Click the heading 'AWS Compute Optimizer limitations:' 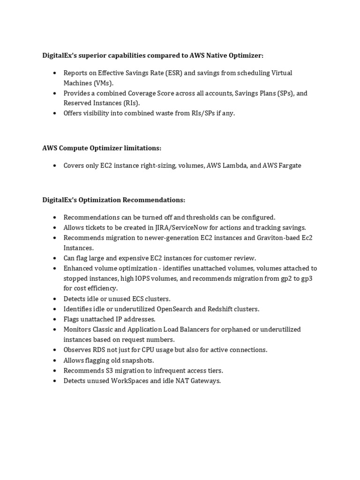click(x=102, y=148)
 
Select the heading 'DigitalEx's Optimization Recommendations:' click(x=114, y=200)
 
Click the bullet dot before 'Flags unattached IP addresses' click(x=55, y=319)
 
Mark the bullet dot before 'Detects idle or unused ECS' click(x=55, y=299)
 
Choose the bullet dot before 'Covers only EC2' click(x=55, y=165)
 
